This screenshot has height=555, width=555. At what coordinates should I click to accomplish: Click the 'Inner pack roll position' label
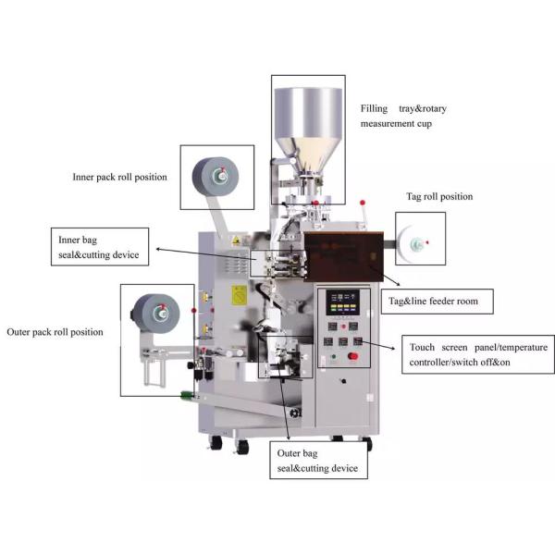click(x=119, y=177)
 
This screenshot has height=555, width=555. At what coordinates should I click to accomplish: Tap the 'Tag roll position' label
click(x=439, y=196)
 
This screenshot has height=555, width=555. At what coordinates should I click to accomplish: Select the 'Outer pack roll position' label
click(x=55, y=332)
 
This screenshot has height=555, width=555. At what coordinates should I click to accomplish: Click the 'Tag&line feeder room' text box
click(x=437, y=302)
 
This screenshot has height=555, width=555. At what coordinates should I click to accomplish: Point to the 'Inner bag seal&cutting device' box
click(x=100, y=247)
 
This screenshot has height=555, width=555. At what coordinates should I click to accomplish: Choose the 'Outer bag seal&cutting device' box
click(x=318, y=460)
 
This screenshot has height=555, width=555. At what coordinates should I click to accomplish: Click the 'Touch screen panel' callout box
click(x=478, y=354)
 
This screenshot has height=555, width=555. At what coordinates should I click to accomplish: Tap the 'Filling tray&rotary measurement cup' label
click(x=403, y=116)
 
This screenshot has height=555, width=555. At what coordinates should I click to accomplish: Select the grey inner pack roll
click(x=216, y=177)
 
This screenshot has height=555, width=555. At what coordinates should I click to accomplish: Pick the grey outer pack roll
click(x=156, y=314)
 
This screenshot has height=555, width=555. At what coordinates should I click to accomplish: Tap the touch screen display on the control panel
click(x=342, y=302)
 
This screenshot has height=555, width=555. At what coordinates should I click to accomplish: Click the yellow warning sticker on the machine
click(x=239, y=296)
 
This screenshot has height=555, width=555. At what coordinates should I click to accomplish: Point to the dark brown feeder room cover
click(x=344, y=256)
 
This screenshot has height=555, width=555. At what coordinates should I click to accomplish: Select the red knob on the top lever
click(x=363, y=203)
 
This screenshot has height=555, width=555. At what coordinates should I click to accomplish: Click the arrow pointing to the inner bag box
click(x=206, y=254)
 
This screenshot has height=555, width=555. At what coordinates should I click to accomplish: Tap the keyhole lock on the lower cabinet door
click(x=343, y=381)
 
